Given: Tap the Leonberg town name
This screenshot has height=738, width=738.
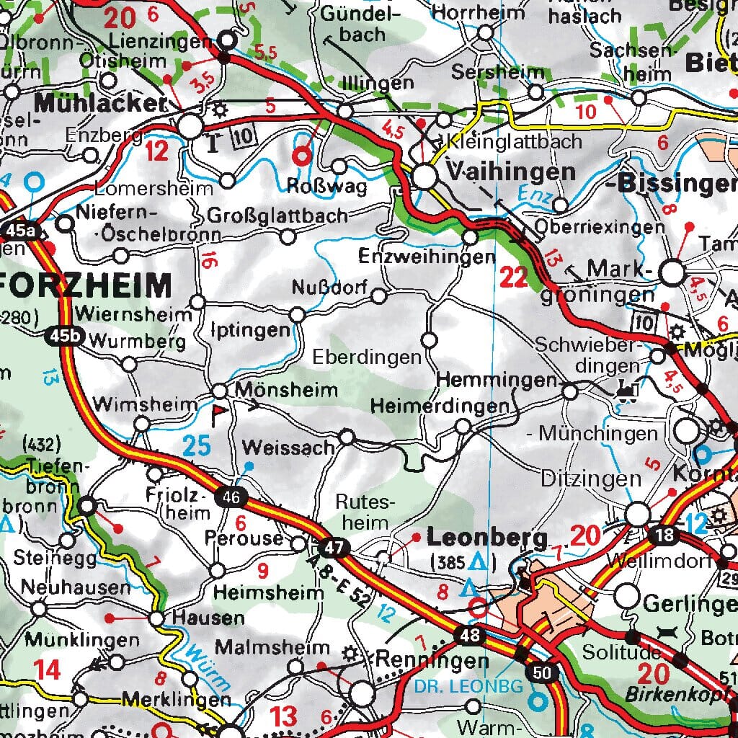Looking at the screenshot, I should [x=487, y=538].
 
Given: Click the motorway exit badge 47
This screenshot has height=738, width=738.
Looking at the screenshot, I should [x=334, y=548].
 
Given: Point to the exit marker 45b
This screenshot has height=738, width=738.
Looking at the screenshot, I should [x=63, y=337].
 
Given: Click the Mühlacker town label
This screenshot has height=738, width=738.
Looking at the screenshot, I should [x=99, y=104].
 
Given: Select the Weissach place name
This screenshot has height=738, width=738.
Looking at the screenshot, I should [x=288, y=448].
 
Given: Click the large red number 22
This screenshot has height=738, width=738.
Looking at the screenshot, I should [x=514, y=278].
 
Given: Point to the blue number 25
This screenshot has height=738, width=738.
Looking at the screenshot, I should [x=196, y=446].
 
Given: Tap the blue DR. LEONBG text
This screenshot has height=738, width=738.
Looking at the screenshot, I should [x=468, y=687].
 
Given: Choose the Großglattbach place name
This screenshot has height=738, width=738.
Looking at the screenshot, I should [x=277, y=215].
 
